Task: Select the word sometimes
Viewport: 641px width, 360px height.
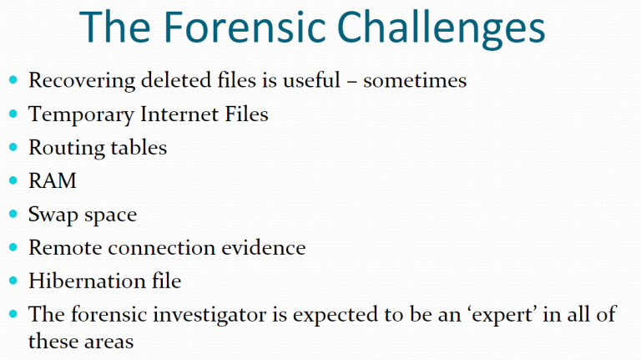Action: click(x=415, y=80)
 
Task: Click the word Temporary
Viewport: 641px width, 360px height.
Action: click(x=81, y=115)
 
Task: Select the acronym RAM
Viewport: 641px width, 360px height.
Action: click(x=53, y=180)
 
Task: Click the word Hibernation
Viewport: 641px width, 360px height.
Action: click(x=87, y=281)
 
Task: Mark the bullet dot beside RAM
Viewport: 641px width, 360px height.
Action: click(x=13, y=180)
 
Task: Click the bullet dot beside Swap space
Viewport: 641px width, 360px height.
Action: click(x=13, y=214)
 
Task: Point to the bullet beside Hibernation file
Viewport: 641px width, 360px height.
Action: click(x=13, y=280)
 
